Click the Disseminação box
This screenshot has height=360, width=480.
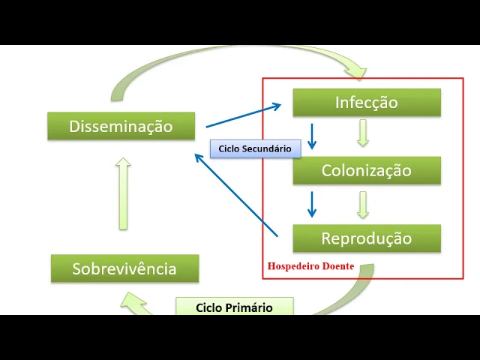(x=121, y=126)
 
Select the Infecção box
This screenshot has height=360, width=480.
(x=366, y=103)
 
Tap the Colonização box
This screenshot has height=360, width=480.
(x=366, y=170)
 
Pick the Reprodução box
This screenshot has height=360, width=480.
(x=366, y=238)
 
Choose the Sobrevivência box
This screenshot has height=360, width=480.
(x=124, y=268)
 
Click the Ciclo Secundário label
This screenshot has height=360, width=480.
(x=255, y=148)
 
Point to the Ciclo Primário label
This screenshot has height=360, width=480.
(x=234, y=307)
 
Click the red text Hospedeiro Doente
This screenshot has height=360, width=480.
(x=310, y=266)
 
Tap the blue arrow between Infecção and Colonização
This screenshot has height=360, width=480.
(x=312, y=135)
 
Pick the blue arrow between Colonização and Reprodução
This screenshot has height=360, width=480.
(x=312, y=203)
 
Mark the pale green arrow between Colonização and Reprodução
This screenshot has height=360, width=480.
(x=363, y=204)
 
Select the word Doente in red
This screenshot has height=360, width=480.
(x=338, y=266)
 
